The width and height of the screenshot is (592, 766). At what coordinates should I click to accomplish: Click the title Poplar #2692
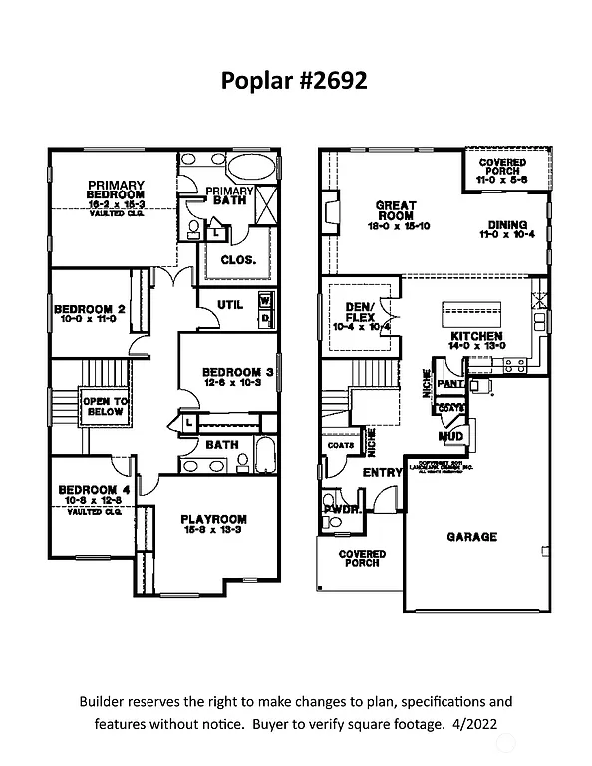pos(295,81)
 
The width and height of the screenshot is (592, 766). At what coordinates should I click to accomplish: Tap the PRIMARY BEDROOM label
pos(116,191)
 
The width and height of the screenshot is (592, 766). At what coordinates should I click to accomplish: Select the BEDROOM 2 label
pos(89,309)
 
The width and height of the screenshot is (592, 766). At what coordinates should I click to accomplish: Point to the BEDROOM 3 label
pos(238,371)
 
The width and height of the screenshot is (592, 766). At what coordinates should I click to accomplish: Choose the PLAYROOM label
pos(213,519)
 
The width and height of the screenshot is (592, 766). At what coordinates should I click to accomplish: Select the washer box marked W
pos(265,299)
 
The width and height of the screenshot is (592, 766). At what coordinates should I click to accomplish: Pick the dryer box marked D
pos(265,318)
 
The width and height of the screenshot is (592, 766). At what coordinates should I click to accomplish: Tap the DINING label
pos(508,225)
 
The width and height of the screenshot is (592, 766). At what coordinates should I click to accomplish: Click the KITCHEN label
pos(476,337)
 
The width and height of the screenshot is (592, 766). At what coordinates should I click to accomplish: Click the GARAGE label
pos(471,537)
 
